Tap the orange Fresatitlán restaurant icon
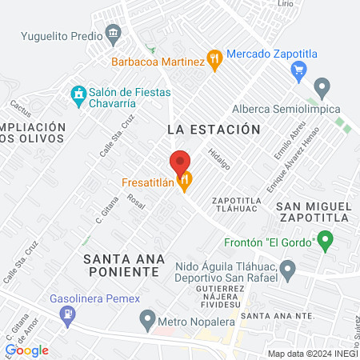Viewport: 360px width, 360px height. click(x=185, y=182)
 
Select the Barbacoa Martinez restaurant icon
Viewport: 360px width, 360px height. click(x=214, y=58)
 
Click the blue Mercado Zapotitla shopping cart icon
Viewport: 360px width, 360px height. click(x=299, y=70)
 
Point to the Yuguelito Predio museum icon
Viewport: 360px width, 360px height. click(x=113, y=34)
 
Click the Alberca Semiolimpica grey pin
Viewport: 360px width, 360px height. click(x=322, y=86)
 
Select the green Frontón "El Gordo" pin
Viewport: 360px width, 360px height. click(x=325, y=238)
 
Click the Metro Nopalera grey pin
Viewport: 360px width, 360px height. click(x=146, y=321)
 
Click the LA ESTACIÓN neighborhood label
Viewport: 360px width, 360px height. click(x=214, y=129)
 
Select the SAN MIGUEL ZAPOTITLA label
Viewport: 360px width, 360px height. click(x=314, y=214)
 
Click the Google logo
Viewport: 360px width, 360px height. click(x=26, y=350)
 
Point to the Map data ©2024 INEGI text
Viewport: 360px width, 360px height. click(x=312, y=354)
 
